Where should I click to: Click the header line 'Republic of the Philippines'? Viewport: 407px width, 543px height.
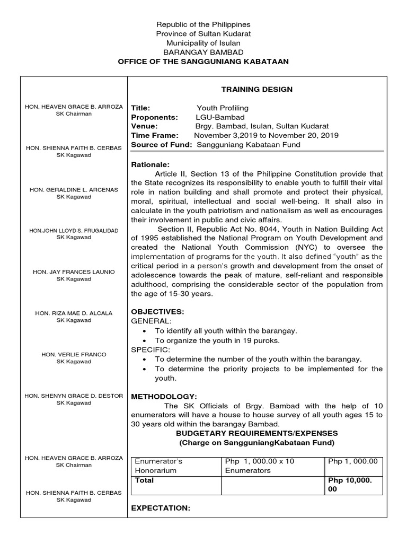203,24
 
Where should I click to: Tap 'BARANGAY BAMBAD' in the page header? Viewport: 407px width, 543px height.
203,52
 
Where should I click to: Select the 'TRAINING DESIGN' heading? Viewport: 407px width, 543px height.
256,90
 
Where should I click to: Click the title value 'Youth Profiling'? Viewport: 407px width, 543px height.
223,108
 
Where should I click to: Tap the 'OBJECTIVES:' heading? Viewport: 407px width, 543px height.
157,311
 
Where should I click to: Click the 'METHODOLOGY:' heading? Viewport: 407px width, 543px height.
164,397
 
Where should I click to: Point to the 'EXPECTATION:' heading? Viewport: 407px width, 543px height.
161,508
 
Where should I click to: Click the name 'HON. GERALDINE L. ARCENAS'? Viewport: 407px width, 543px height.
74,189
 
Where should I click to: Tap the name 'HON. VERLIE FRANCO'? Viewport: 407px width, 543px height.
74,354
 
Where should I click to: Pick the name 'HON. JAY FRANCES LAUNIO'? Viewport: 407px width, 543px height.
74,271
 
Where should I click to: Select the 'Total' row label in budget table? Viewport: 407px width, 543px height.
145,480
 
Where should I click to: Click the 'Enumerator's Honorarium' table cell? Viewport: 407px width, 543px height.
157,466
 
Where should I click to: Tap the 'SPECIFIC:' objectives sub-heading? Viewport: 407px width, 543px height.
151,350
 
